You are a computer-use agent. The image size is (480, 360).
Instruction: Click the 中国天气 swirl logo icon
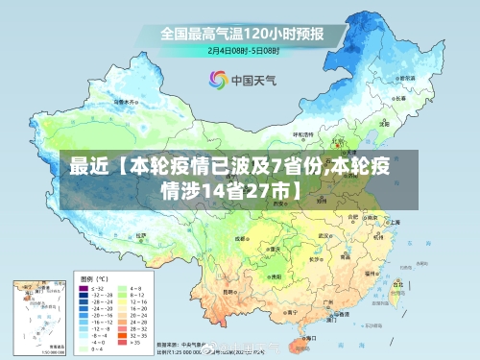[217, 80]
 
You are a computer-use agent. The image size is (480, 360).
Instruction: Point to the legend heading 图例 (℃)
[94, 276]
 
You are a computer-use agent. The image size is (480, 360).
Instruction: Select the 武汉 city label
[326, 233]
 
